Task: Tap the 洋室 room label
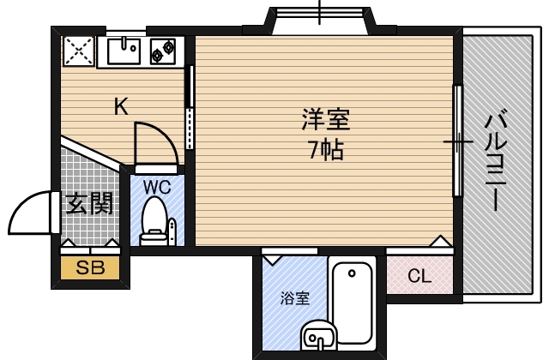[325, 119]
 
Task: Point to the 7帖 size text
[325, 150]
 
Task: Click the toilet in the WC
[154, 219]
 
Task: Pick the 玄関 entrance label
[89, 204]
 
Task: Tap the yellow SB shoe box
[90, 268]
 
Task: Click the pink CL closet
[419, 276]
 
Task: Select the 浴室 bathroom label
[294, 299]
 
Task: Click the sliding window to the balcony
[458, 141]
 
